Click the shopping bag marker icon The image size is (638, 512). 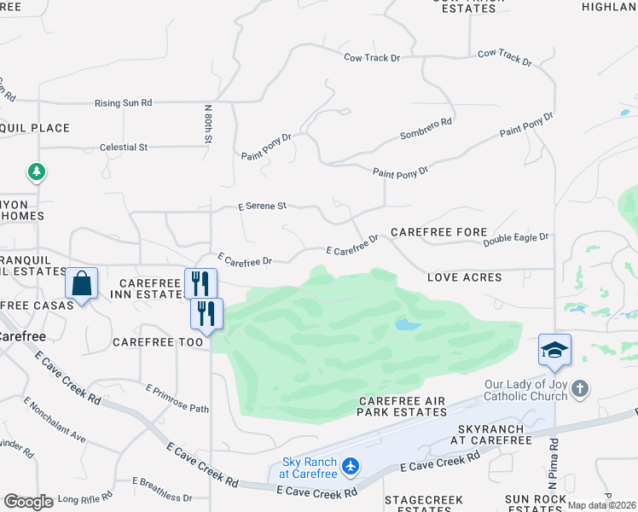tap(81, 283)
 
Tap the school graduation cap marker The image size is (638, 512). tap(554, 350)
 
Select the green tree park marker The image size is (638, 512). tap(37, 172)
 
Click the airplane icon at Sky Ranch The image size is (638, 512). tap(350, 467)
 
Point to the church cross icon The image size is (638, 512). tap(580, 389)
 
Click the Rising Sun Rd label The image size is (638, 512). tap(123, 103)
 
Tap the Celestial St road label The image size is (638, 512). tap(124, 148)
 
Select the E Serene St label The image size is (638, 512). tap(262, 206)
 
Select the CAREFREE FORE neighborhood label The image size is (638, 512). tap(438, 232)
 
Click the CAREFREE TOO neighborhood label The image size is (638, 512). tap(158, 342)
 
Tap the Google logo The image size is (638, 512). tap(28, 502)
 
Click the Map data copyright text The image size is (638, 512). tap(601, 505)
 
